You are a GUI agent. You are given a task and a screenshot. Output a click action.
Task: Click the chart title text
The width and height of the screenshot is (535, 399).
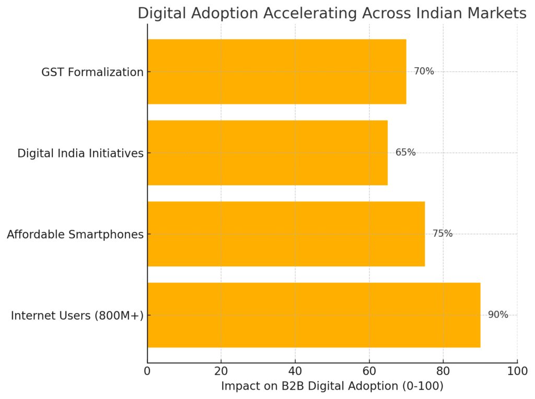click(x=332, y=14)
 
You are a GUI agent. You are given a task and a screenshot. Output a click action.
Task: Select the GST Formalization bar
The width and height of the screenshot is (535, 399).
click(x=276, y=71)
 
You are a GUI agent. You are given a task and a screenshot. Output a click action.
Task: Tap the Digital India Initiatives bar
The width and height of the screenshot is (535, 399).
click(x=267, y=153)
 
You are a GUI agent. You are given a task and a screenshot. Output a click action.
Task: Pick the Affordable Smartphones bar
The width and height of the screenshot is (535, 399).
click(x=286, y=234)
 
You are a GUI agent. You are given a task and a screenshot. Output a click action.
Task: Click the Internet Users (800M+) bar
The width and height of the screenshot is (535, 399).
click(x=313, y=315)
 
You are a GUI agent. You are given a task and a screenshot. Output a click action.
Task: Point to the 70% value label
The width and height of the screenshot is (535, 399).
click(x=424, y=71)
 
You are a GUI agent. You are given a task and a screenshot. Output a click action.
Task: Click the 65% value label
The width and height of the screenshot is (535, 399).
click(x=405, y=153)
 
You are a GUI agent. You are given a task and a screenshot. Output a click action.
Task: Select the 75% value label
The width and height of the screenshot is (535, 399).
click(x=443, y=234)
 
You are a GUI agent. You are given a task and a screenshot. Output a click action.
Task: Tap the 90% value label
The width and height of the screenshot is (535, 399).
click(x=498, y=315)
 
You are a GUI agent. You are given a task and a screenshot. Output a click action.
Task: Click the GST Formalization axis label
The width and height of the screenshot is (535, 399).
click(x=92, y=72)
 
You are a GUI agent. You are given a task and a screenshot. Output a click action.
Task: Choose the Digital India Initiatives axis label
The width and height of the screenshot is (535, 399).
click(x=80, y=153)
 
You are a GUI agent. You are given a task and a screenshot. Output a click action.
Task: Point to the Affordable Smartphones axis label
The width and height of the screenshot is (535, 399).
click(x=75, y=235)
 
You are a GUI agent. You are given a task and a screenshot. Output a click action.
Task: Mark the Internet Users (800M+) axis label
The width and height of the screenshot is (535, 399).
click(x=77, y=316)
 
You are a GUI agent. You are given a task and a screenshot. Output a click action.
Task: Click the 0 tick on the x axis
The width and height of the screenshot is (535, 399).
click(x=147, y=371)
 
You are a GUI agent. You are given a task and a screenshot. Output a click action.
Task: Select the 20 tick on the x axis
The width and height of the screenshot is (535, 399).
click(x=221, y=371)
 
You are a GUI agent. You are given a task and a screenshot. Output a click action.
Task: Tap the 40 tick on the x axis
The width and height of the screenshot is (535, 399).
click(x=295, y=371)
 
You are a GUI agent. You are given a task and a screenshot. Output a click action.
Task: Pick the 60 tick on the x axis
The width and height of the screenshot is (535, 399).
click(x=369, y=371)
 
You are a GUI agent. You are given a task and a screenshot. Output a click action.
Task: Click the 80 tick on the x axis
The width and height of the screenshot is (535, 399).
click(x=443, y=371)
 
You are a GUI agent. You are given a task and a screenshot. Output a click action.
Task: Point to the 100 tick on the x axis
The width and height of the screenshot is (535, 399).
click(x=517, y=371)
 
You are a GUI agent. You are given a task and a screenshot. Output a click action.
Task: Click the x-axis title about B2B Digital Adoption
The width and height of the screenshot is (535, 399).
click(x=332, y=386)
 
